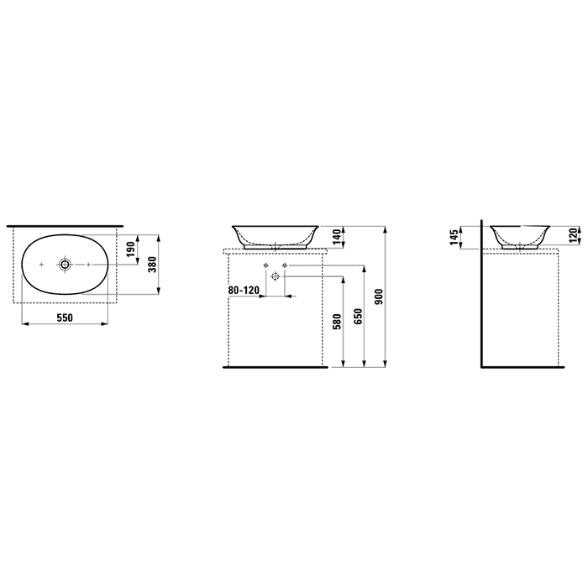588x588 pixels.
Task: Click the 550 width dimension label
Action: pyautogui.click(x=65, y=318)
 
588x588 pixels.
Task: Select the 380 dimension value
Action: pyautogui.click(x=153, y=265)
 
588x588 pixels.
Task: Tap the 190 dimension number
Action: pyautogui.click(x=130, y=249)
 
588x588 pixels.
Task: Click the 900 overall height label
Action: pyautogui.click(x=379, y=297)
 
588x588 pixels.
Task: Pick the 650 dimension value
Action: pyautogui.click(x=359, y=316)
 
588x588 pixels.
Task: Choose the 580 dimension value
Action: pyautogui.click(x=336, y=322)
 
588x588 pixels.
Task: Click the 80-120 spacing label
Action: pyautogui.click(x=244, y=290)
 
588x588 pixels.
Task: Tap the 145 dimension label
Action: pyautogui.click(x=454, y=238)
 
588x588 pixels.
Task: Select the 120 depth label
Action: pyautogui.click(x=574, y=235)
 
